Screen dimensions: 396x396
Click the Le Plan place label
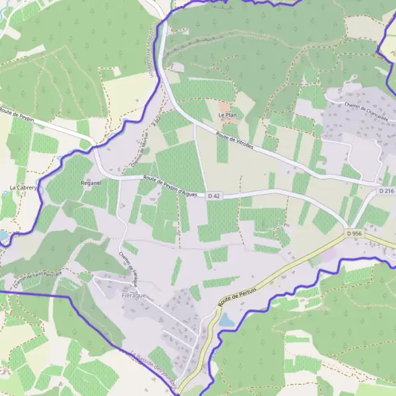228,115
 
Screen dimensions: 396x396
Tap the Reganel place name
90,181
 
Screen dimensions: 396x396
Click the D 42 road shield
213,196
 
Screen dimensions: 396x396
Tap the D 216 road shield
386,191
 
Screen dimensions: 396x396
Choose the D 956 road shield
353,233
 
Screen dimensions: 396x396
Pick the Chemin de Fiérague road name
129,267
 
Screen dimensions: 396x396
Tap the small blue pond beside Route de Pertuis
226,320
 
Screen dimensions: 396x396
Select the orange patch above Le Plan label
225,105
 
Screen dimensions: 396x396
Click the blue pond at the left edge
4,236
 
